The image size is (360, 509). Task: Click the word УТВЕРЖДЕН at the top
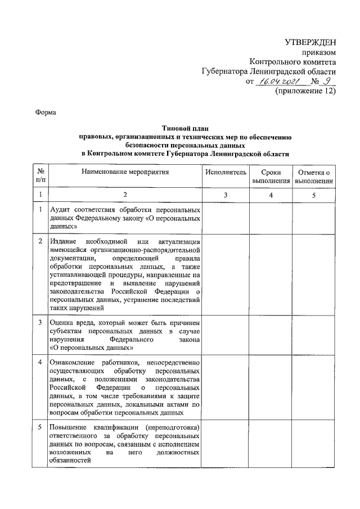310,42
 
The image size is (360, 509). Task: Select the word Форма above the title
46,112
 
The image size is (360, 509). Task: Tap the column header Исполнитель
226,172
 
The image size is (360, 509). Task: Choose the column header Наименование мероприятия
125,172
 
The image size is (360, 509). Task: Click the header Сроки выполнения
271,177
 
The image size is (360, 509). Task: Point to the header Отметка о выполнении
314,177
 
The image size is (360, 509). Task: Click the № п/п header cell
40,177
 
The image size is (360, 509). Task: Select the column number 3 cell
226,195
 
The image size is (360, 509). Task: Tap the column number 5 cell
314,195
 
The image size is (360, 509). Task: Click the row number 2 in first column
40,241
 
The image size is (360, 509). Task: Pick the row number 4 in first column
40,361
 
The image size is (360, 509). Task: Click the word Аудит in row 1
61,209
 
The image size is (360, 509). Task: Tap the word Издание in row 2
64,241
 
